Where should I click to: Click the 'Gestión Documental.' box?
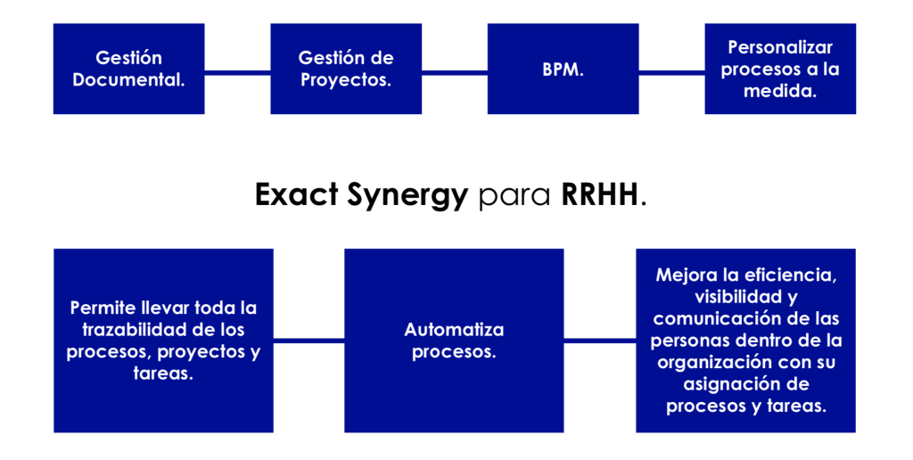pyautogui.click(x=128, y=69)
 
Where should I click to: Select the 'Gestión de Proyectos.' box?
pyautogui.click(x=346, y=69)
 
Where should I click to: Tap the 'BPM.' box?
pyautogui.click(x=563, y=69)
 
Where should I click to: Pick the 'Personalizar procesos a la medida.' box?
pyautogui.click(x=780, y=69)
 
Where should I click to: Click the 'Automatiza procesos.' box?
pyautogui.click(x=454, y=341)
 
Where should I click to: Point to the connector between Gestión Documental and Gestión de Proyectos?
pyautogui.click(x=237, y=73)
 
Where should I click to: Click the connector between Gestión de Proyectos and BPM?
pyautogui.click(x=455, y=73)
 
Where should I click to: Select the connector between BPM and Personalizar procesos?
pyautogui.click(x=672, y=73)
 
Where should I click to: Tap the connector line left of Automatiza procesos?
pyautogui.click(x=308, y=341)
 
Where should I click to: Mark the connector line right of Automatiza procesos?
pyautogui.click(x=600, y=341)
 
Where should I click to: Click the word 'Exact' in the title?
pyautogui.click(x=297, y=194)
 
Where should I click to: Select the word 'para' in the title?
pyautogui.click(x=514, y=198)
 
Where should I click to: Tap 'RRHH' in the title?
pyautogui.click(x=600, y=194)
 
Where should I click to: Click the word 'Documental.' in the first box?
pyautogui.click(x=128, y=79)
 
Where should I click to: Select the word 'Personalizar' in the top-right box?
pyautogui.click(x=780, y=47)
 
